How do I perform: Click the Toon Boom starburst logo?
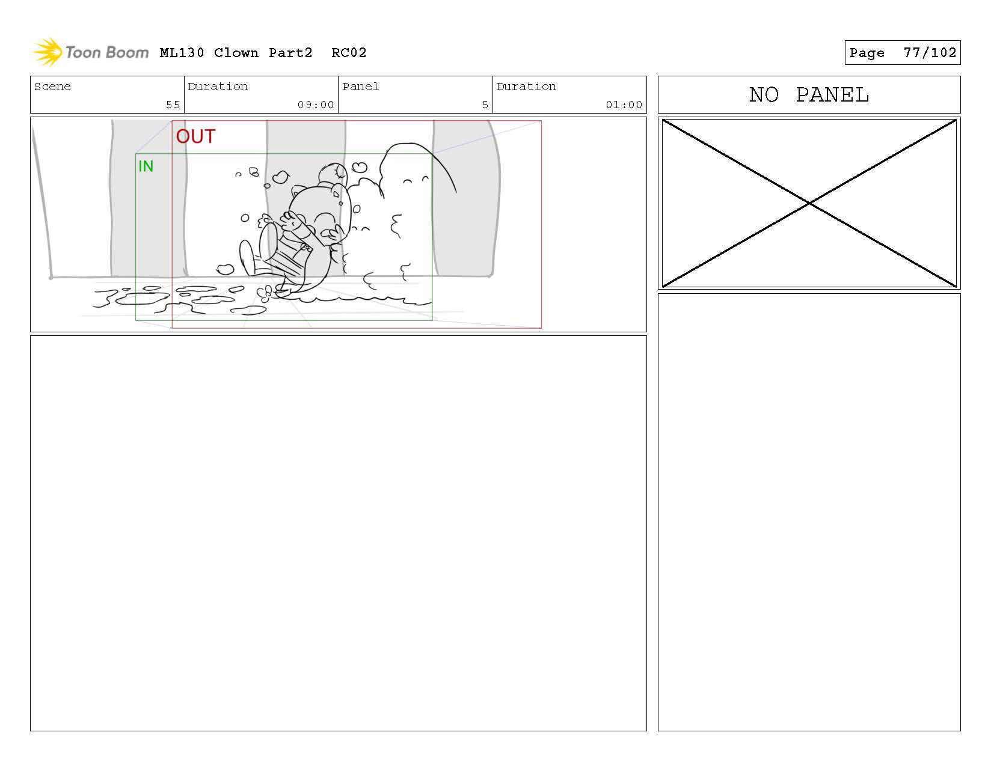[x=48, y=52]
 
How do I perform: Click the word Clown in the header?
[x=236, y=53]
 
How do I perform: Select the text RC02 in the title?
[x=348, y=53]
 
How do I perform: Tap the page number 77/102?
[x=930, y=53]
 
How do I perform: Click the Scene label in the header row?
[x=52, y=86]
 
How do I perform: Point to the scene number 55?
[x=173, y=105]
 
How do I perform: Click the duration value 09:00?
[x=316, y=105]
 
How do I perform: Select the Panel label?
[x=360, y=86]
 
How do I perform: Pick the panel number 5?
[x=485, y=105]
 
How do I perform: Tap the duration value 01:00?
[x=624, y=105]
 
